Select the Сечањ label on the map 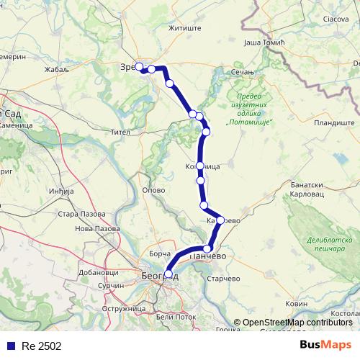(x=241, y=73)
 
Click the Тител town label (x=120, y=132)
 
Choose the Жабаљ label (x=56, y=70)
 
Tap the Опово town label (x=155, y=190)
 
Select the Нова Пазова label (x=97, y=228)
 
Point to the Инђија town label (x=62, y=192)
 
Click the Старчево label (x=222, y=278)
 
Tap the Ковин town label (x=296, y=305)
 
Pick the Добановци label (x=99, y=273)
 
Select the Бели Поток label (x=176, y=317)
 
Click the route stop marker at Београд (x=168, y=274)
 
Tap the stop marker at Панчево (x=207, y=249)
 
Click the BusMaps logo (x=325, y=345)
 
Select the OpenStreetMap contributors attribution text (x=293, y=323)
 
